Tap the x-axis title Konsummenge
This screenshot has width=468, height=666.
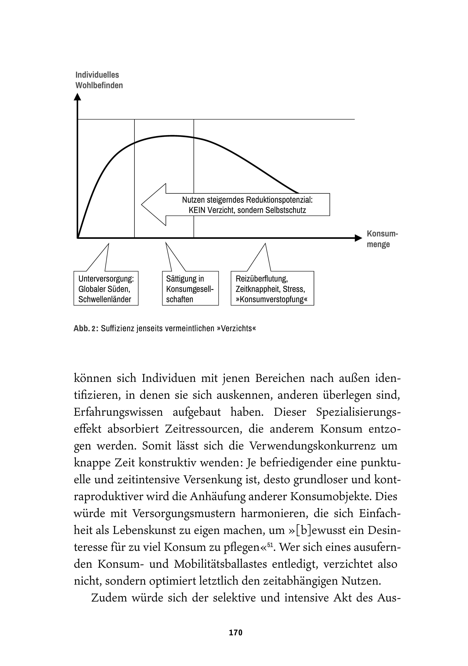coord(382,239)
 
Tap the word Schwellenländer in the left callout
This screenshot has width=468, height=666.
coord(105,299)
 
